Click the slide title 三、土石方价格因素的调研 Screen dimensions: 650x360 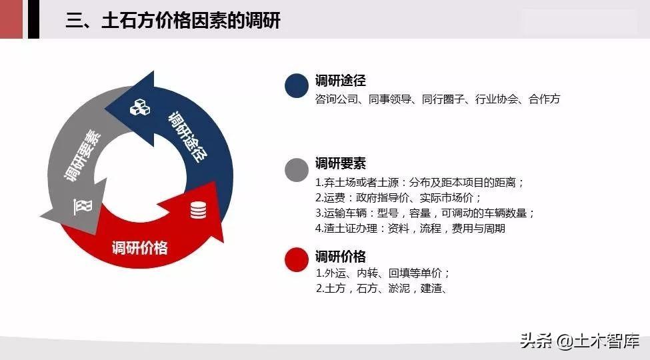pyautogui.click(x=173, y=20)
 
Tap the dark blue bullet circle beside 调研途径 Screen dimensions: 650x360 pyautogui.click(x=297, y=85)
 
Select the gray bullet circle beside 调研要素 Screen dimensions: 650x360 pyautogui.click(x=297, y=169)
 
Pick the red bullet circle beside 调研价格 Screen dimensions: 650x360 pyautogui.click(x=297, y=259)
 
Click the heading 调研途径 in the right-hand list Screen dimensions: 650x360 pyautogui.click(x=341, y=80)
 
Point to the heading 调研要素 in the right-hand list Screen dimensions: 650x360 pyautogui.click(x=341, y=163)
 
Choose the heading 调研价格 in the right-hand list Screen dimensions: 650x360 pyautogui.click(x=341, y=256)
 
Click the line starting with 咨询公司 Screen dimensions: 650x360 pyautogui.click(x=438, y=99)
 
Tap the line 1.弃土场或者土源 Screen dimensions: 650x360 pyautogui.click(x=419, y=183)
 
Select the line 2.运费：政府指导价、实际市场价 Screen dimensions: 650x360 pyautogui.click(x=398, y=198)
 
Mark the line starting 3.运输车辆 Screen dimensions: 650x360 pyautogui.click(x=425, y=213)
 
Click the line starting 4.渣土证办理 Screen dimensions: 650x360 pyautogui.click(x=410, y=229)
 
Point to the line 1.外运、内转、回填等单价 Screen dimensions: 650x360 pyautogui.click(x=383, y=273)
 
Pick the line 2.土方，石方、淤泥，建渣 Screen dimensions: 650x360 pyautogui.click(x=381, y=288)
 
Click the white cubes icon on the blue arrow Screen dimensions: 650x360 pyautogui.click(x=140, y=107)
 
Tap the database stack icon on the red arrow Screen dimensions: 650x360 pyautogui.click(x=198, y=210)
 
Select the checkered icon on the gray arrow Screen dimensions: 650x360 pyautogui.click(x=83, y=207)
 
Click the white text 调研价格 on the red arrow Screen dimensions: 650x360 pyautogui.click(x=140, y=248)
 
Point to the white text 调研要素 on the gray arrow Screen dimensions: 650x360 pyautogui.click(x=82, y=155)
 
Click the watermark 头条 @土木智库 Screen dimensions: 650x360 pyautogui.click(x=579, y=341)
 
